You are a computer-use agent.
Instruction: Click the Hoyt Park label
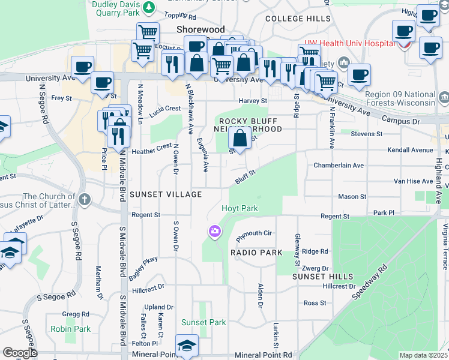pyautogui.click(x=240, y=208)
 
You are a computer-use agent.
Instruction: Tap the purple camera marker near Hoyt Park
pyautogui.click(x=214, y=231)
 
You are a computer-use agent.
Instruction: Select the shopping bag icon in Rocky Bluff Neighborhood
pyautogui.click(x=240, y=139)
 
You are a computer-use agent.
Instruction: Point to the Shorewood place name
pyautogui.click(x=200, y=29)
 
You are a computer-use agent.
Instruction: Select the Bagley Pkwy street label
pyautogui.click(x=142, y=268)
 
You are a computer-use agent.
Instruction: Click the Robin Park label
pyautogui.click(x=71, y=329)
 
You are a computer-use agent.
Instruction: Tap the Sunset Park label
pyautogui.click(x=203, y=322)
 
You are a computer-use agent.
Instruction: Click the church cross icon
pyautogui.click(x=85, y=199)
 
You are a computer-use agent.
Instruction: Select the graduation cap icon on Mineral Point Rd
pyautogui.click(x=187, y=345)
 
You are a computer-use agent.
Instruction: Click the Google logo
pyautogui.click(x=20, y=353)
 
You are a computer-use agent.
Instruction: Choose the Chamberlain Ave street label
pyautogui.click(x=339, y=165)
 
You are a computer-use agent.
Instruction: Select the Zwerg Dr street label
pyautogui.click(x=316, y=268)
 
